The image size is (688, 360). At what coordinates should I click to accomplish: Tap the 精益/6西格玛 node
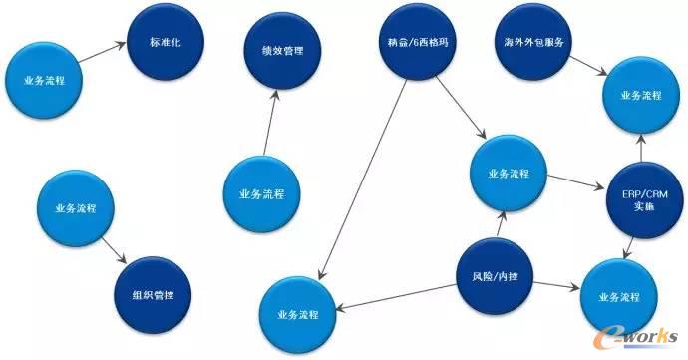pos(411,46)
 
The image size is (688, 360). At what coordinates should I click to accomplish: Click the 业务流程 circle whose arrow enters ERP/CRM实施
pos(509,173)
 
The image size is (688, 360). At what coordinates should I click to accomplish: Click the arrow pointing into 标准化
pos(103,56)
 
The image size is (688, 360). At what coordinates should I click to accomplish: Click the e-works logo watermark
pos(638,336)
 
